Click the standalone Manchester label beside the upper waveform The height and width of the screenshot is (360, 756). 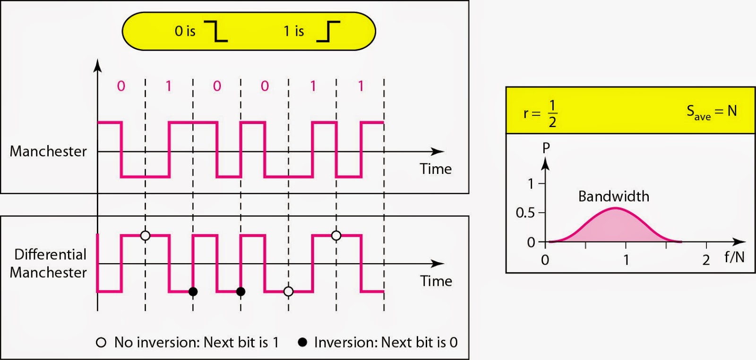tap(48, 151)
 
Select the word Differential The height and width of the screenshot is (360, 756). tap(50, 255)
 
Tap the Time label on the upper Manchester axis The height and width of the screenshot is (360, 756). tap(436, 169)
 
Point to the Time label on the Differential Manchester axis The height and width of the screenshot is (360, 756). tap(436, 281)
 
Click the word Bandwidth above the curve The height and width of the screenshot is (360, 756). tap(613, 197)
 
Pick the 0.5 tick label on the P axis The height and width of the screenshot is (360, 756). tap(525, 213)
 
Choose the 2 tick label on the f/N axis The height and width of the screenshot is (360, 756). tap(706, 260)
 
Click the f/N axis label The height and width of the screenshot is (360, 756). tap(734, 257)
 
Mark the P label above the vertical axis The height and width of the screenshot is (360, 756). tap(546, 148)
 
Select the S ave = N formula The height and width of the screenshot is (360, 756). tap(712, 112)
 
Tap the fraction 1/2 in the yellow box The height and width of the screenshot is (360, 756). tap(552, 113)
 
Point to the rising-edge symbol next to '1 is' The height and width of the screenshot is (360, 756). tap(328, 31)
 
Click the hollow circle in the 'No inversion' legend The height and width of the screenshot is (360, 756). tap(101, 343)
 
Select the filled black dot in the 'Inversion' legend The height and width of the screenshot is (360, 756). tap(302, 342)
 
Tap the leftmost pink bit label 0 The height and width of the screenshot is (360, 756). tap(121, 86)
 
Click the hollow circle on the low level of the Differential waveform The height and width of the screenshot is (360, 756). tap(288, 291)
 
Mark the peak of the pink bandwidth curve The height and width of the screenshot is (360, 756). tap(614, 208)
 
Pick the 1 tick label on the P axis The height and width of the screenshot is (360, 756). tap(531, 183)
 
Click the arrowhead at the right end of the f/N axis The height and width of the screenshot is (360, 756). tap(740, 241)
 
